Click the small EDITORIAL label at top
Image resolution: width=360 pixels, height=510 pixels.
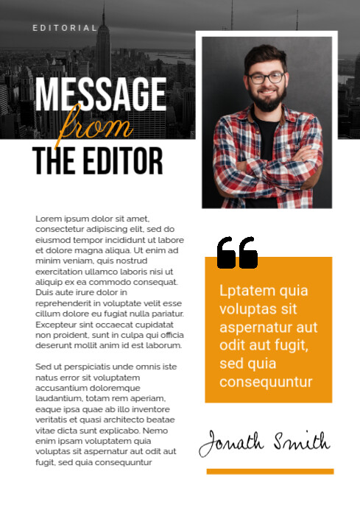click(x=65, y=28)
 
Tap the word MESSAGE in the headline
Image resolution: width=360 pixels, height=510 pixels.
click(x=100, y=95)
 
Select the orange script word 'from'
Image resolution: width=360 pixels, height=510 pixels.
click(x=96, y=125)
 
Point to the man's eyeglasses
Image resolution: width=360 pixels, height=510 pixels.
click(x=267, y=77)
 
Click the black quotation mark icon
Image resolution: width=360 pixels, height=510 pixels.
click(x=237, y=252)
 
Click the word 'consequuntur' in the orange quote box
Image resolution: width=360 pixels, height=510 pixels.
click(x=266, y=382)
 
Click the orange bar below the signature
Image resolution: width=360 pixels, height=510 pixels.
click(x=269, y=471)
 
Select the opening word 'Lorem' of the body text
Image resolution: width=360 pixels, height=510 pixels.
click(x=47, y=219)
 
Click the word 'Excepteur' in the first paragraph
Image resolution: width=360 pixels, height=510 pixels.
click(x=57, y=324)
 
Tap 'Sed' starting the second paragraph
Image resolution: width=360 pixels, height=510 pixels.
click(x=43, y=366)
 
